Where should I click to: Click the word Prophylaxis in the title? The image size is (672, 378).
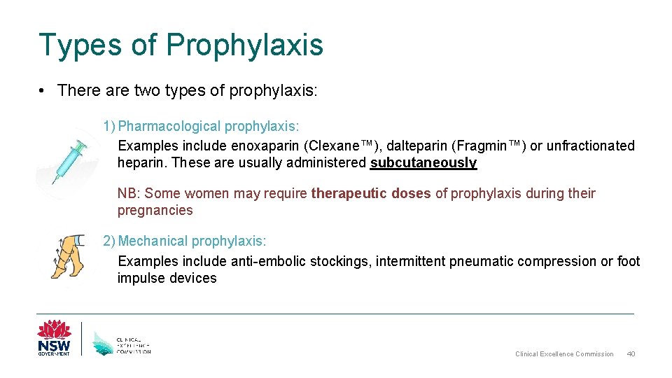click(244, 45)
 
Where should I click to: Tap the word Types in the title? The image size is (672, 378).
click(79, 45)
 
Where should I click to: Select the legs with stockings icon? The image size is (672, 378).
click(67, 256)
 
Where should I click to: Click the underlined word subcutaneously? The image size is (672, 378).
click(423, 163)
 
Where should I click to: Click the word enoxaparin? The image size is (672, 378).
click(267, 146)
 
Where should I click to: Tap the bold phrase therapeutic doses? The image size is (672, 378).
click(371, 193)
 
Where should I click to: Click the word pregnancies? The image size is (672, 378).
click(155, 210)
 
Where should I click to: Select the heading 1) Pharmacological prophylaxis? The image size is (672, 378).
click(201, 126)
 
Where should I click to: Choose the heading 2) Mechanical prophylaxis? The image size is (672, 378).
click(185, 241)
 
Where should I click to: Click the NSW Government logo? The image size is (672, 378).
click(54, 338)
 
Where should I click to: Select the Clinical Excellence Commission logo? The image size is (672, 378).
click(122, 341)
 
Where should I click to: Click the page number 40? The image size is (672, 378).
click(631, 354)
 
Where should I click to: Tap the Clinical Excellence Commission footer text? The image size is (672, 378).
click(564, 354)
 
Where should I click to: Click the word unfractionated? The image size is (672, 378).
click(590, 146)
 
